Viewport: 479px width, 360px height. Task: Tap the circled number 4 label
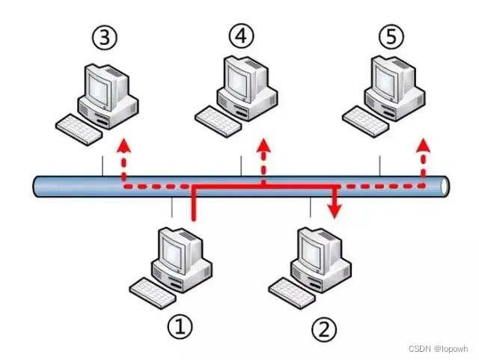tap(241, 35)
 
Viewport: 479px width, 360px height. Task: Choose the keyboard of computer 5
tap(364, 120)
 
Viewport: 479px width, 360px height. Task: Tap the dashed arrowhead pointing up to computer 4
tap(263, 144)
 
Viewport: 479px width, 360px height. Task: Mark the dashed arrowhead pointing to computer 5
tap(424, 144)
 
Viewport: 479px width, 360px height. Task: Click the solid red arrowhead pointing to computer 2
tap(335, 210)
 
